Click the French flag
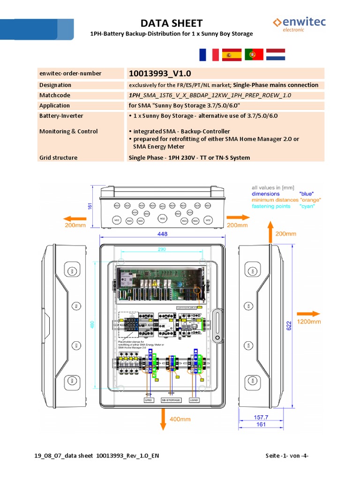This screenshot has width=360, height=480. [209, 55]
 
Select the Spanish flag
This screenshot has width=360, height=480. [231, 55]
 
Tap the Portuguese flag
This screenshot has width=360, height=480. [254, 55]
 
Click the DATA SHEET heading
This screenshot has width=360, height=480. [172, 23]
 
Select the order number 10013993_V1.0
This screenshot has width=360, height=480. [159, 74]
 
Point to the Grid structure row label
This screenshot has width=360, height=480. [58, 157]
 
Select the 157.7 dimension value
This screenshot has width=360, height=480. [261, 417]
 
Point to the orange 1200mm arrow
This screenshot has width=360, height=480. [309, 314]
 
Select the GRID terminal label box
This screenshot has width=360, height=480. [149, 400]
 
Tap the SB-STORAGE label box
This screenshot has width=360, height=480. [171, 400]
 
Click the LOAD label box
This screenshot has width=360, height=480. [194, 400]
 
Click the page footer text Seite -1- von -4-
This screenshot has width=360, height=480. [286, 456]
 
